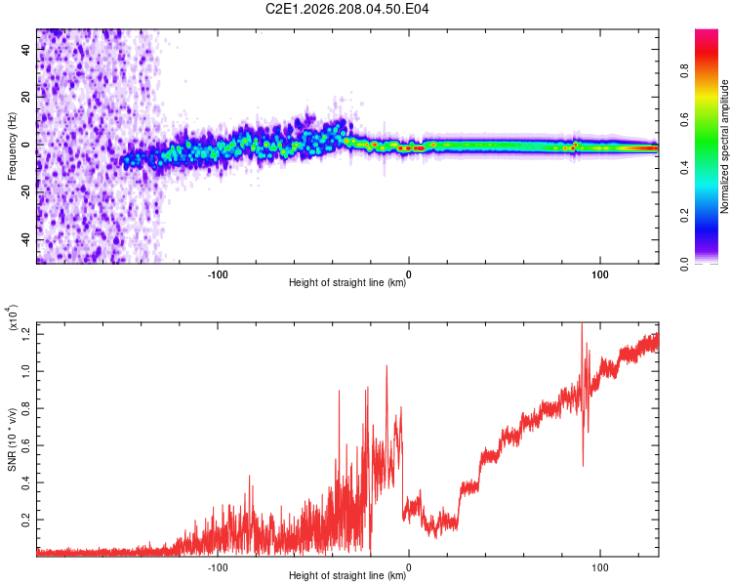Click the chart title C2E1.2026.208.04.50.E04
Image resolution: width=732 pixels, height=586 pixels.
coord(346,9)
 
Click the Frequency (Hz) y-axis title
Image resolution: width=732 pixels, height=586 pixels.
coord(12,146)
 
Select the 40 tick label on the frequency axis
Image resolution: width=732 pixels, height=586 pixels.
coord(25,50)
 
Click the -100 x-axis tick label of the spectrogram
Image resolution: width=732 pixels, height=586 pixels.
coord(218,274)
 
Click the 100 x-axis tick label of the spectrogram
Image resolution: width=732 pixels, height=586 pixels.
coord(600,274)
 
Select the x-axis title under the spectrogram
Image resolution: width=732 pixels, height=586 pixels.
coord(347,282)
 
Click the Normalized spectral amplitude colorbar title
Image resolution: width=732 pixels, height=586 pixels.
coord(724,146)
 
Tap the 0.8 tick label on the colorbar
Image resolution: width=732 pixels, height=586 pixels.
coord(684,71)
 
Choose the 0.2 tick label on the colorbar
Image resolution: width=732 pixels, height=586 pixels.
coord(684,215)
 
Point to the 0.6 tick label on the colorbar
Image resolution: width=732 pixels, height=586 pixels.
coord(684,119)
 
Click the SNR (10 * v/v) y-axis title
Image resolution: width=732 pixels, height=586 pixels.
coord(12,439)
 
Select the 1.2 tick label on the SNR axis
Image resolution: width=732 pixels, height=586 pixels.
coord(25,334)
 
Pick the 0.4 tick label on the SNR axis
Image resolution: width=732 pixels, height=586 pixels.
coord(25,482)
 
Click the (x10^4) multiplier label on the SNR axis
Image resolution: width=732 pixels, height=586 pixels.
coord(13,317)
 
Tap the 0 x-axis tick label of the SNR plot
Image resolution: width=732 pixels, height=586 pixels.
coord(409,567)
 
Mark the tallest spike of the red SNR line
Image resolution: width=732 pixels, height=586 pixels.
coord(582,324)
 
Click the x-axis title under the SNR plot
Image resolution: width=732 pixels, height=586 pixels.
coord(347,575)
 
